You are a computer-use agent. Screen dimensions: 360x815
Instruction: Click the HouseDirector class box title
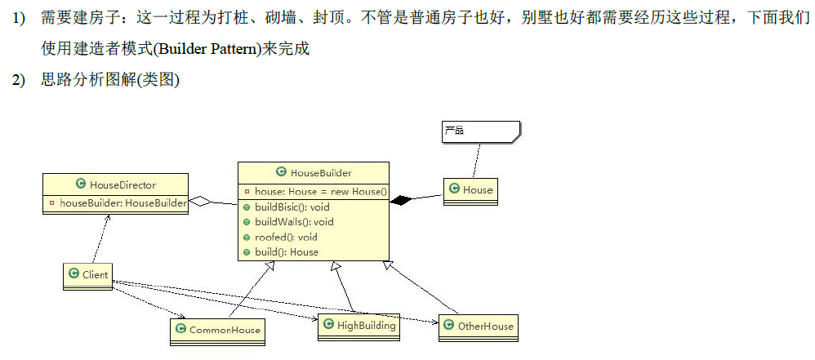click(115, 185)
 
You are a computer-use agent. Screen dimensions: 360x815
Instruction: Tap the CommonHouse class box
click(217, 330)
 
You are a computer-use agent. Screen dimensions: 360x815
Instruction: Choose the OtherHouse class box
click(479, 326)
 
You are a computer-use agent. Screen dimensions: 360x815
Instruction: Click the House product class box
click(470, 190)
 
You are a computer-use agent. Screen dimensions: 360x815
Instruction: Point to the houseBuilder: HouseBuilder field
click(118, 202)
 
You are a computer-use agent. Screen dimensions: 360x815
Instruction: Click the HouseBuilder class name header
click(314, 172)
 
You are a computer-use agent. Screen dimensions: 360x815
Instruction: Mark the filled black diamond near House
click(400, 200)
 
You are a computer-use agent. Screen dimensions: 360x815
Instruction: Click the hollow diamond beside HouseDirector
click(200, 202)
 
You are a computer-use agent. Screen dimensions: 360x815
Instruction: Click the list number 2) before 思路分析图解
click(18, 80)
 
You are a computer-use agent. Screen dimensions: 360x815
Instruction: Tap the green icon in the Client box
click(74, 275)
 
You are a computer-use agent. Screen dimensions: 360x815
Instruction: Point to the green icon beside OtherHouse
click(448, 326)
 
